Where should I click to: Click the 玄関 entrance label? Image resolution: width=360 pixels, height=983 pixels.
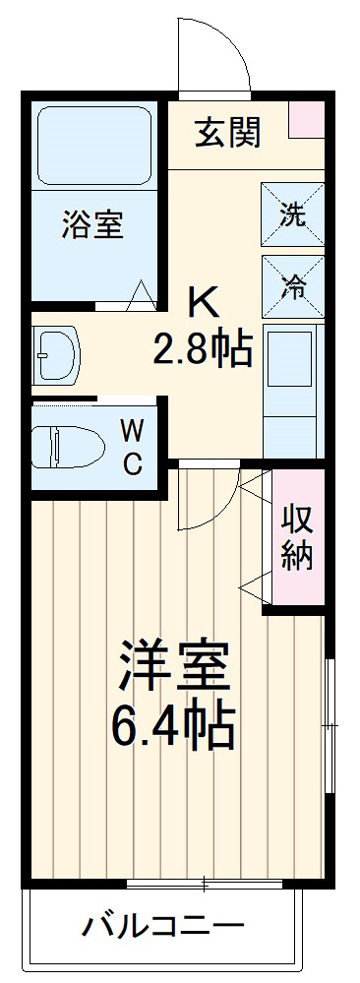226,134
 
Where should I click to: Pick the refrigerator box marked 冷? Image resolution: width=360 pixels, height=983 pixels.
291,285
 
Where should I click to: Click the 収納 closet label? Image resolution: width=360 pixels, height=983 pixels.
297,536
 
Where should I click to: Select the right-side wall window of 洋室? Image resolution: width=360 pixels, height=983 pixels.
331,727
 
